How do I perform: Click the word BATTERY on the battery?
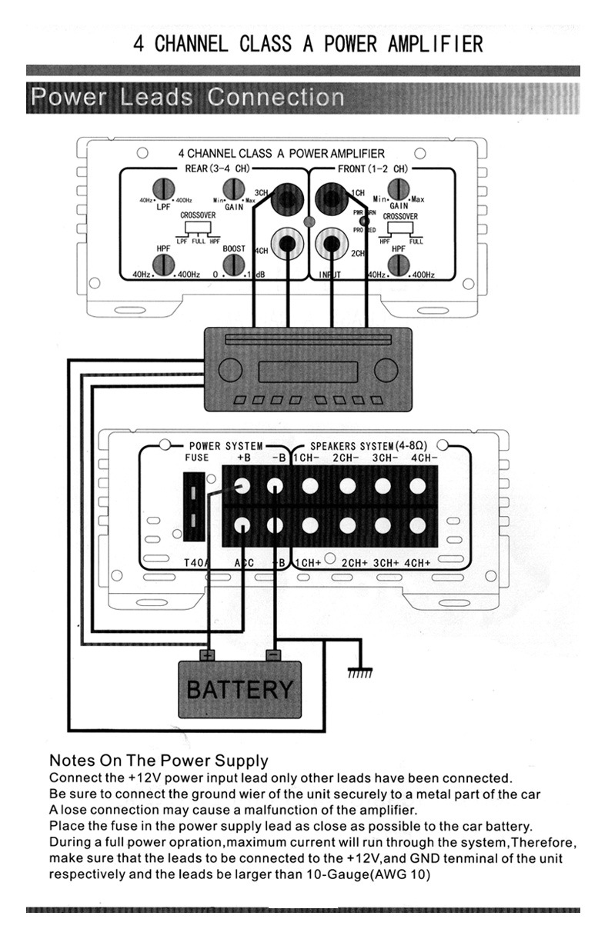(239, 688)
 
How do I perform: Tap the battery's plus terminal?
(207, 655)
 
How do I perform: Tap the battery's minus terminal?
(272, 655)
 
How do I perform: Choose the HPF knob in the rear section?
(162, 265)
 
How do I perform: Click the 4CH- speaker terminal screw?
(418, 486)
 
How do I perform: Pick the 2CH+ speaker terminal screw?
(347, 524)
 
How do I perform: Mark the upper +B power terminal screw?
(242, 486)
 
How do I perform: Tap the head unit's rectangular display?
(293, 372)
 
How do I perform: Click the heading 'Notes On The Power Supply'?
(159, 761)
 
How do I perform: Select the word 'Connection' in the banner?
(276, 98)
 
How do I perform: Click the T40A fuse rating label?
(196, 562)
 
